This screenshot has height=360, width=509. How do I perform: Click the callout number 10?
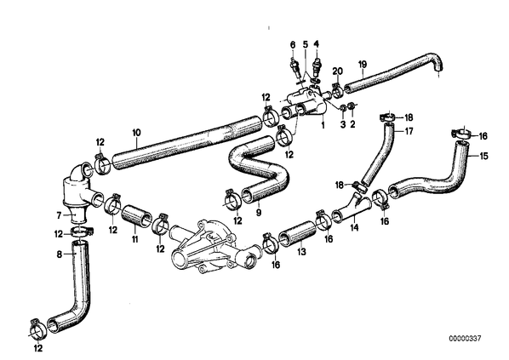137,133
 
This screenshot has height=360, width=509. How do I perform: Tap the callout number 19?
363,65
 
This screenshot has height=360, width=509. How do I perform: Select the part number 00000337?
465,339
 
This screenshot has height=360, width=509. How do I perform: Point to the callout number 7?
59,215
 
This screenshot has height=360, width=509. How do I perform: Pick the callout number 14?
354,227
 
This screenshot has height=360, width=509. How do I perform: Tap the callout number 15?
483,156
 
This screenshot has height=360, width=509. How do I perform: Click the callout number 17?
409,131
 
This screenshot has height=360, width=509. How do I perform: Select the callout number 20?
338,71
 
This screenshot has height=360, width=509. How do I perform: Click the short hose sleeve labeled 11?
136,217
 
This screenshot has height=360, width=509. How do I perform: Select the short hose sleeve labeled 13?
297,234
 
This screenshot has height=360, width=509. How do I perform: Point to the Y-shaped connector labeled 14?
352,208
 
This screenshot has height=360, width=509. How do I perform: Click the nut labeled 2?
351,106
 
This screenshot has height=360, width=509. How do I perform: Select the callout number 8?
59,254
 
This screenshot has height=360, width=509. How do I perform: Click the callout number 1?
323,124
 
